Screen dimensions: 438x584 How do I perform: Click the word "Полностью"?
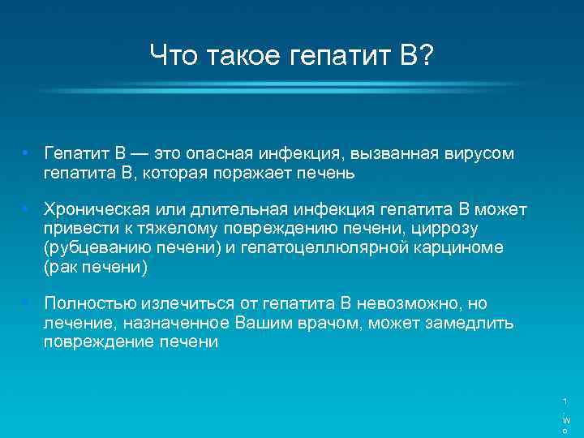coord(89,303)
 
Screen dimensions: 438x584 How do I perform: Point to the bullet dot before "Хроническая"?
coord(27,210)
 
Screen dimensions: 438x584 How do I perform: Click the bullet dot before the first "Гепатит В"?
coord(27,153)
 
